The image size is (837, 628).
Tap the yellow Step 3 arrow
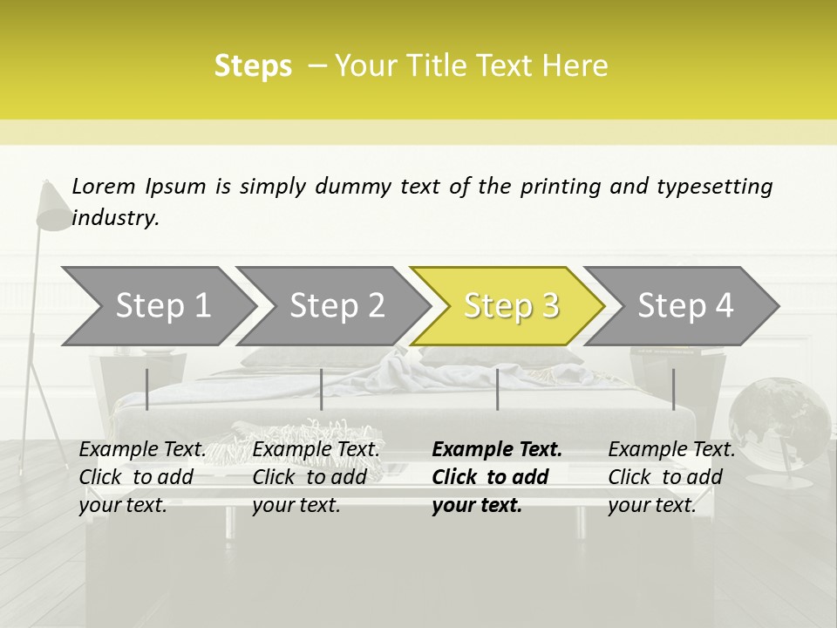click(x=510, y=306)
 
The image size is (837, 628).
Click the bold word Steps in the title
click(x=253, y=66)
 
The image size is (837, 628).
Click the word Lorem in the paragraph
click(x=103, y=186)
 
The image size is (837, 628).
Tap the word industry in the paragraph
click(x=114, y=217)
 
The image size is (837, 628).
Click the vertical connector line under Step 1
click(x=147, y=389)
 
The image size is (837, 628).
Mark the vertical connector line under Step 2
click(x=322, y=389)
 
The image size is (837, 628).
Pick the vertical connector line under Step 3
click(x=498, y=389)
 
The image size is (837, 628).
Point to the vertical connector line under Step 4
click(x=674, y=389)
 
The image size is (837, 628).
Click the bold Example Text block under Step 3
click(x=496, y=477)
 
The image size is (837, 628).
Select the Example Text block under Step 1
click(x=142, y=477)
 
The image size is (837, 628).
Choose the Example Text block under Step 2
click(x=316, y=477)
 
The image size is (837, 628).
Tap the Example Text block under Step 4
click(x=670, y=477)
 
